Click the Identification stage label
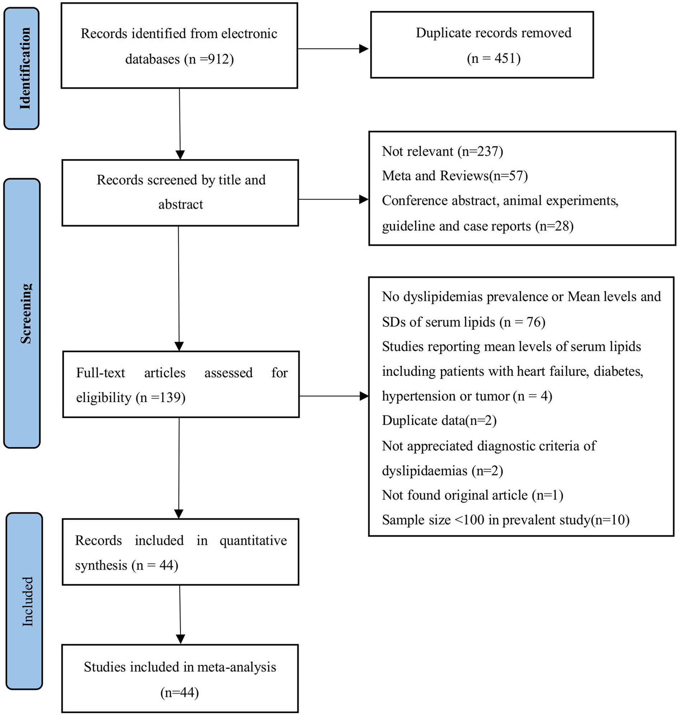coord(25,68)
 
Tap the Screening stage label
coord(26,314)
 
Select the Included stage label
coord(28,601)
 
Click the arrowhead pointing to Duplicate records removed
coord(363,49)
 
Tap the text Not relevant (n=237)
coord(442,151)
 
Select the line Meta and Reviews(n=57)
coord(454,176)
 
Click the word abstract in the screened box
coord(181,205)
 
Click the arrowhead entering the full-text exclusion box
coord(364,396)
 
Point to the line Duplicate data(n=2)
coord(439,421)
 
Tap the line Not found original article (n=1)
coord(472,495)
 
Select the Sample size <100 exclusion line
coord(506,520)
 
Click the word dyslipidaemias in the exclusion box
coord(425,471)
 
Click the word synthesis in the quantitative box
coord(101,565)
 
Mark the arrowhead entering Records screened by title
coord(180,155)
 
